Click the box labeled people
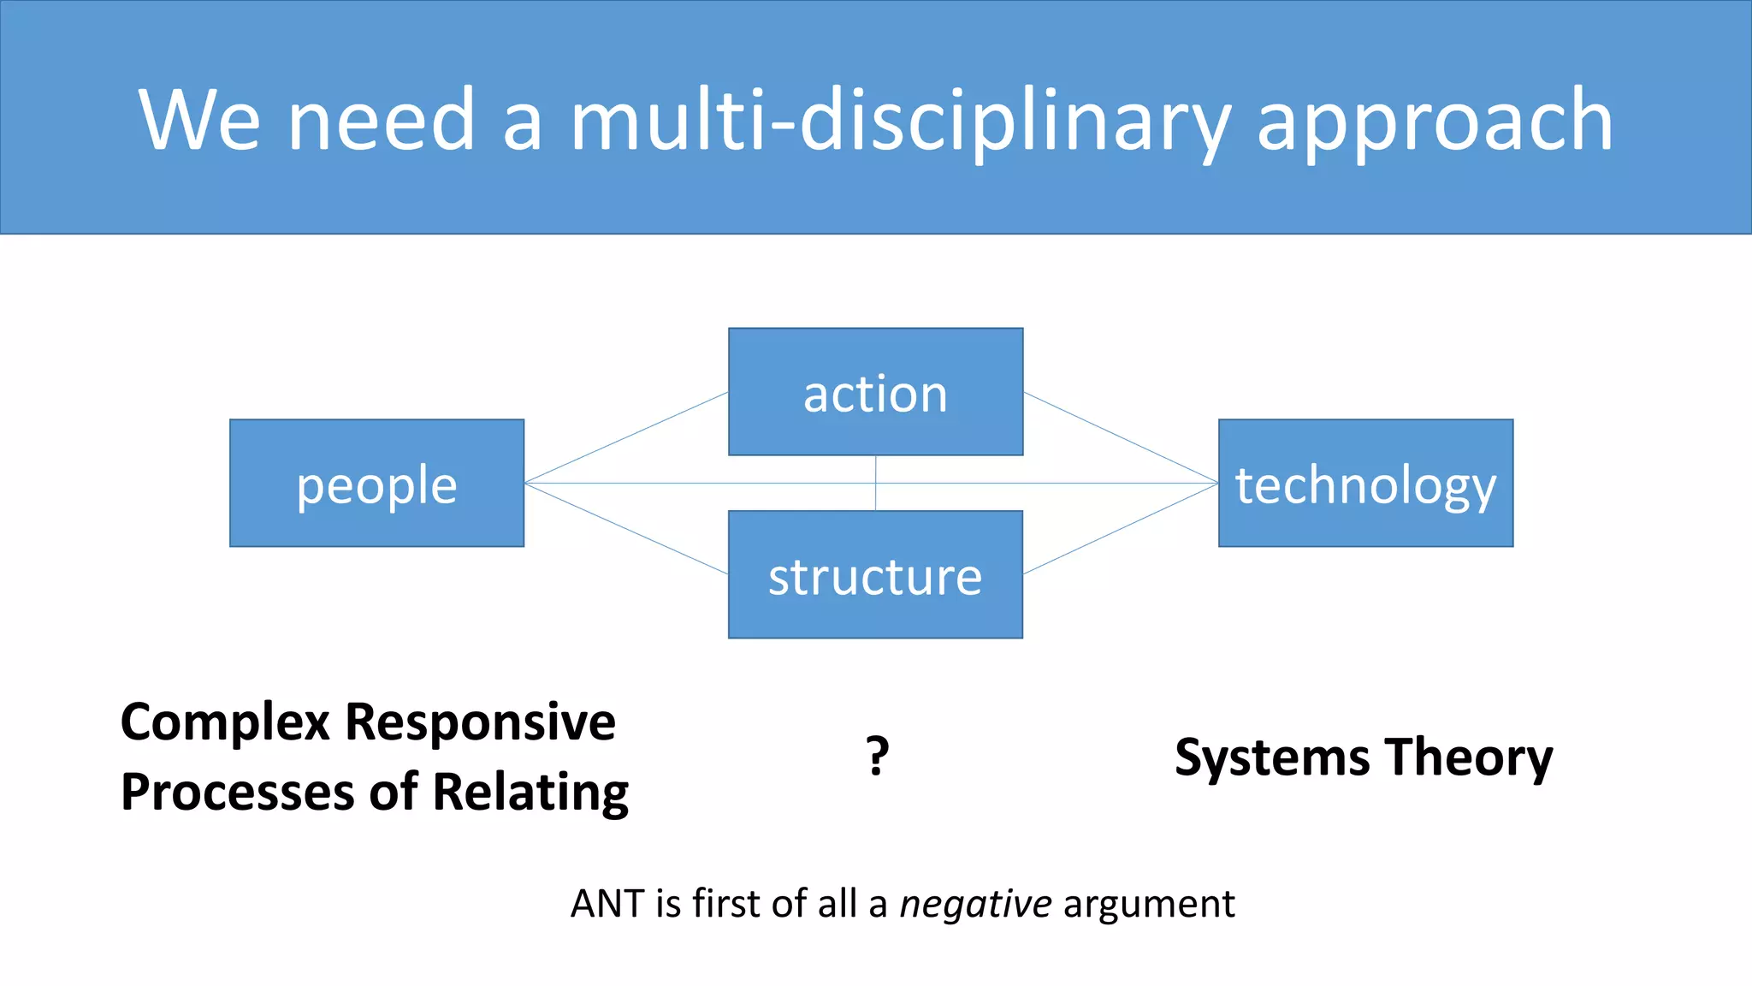(376, 484)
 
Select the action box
(875, 392)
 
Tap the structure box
(875, 575)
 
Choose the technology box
(1365, 484)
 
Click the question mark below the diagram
(877, 756)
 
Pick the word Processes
(235, 792)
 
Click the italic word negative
(975, 904)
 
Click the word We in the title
(198, 120)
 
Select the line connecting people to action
(626, 437)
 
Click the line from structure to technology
(1121, 528)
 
